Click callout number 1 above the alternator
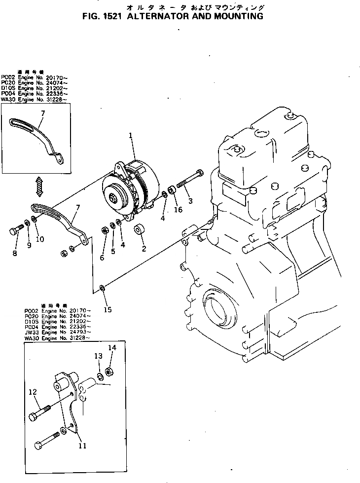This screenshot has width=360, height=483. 131,135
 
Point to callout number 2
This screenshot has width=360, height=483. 144,248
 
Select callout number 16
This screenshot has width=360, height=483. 178,210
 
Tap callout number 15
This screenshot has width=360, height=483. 108,309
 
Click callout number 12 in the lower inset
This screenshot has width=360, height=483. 33,392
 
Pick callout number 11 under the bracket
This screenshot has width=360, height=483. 82,446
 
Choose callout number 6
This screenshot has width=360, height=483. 102,258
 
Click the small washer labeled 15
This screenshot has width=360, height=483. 102,288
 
